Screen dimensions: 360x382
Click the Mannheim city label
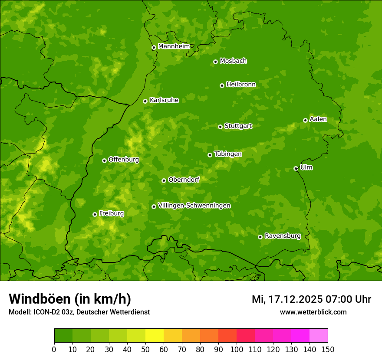coord(174,46)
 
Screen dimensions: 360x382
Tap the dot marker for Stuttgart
coord(220,127)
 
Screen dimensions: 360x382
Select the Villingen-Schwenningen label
coord(194,206)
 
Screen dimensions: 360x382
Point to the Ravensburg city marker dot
coord(260,237)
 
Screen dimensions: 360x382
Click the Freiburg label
coord(111,213)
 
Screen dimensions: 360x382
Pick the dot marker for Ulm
coord(296,168)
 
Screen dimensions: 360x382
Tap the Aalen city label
coord(318,119)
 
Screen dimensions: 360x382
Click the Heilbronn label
coord(241,85)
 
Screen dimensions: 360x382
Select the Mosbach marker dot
coord(215,62)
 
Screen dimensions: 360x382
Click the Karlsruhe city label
coord(164,100)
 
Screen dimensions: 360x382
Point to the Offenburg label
coord(124,160)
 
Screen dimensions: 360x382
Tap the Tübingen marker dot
coord(210,155)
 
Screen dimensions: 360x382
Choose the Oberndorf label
coord(184,180)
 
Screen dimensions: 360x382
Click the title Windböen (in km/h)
coord(70,299)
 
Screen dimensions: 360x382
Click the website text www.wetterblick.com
coord(313,312)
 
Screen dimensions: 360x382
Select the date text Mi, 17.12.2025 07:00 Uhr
coord(311,299)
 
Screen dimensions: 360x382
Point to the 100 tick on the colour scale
coord(237,349)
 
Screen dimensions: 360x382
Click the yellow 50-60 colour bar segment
coord(155,335)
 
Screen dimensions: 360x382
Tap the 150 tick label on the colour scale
coord(328,349)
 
